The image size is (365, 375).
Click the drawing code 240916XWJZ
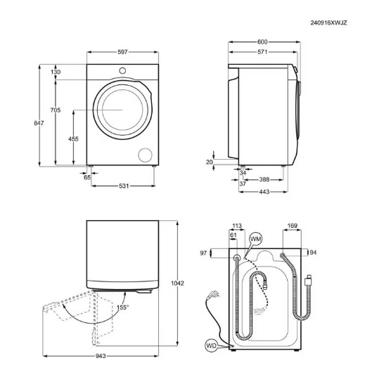pyautogui.click(x=328, y=23)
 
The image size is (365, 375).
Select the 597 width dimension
pyautogui.click(x=122, y=52)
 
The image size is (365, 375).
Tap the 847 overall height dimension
pyautogui.click(x=39, y=123)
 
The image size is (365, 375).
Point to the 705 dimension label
pyautogui.click(x=56, y=110)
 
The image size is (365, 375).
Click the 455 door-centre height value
pyautogui.click(x=73, y=139)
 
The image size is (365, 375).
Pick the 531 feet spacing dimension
pyautogui.click(x=124, y=186)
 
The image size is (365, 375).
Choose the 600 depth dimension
pyautogui.click(x=262, y=42)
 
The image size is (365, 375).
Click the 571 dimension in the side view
pyautogui.click(x=262, y=52)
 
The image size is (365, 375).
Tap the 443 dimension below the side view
pyautogui.click(x=264, y=191)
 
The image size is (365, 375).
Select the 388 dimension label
pyautogui.click(x=264, y=179)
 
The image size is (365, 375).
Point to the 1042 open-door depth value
pyautogui.click(x=178, y=283)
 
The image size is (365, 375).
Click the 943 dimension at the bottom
pyautogui.click(x=101, y=356)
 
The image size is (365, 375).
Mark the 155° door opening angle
pyautogui.click(x=122, y=307)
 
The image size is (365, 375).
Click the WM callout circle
pyautogui.click(x=255, y=239)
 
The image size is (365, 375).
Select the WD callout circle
pyautogui.click(x=211, y=345)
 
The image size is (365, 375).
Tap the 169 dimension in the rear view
pyautogui.click(x=292, y=226)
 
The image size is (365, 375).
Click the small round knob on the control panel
pyautogui.click(x=122, y=70)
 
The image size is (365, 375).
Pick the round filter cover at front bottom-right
pyautogui.click(x=145, y=155)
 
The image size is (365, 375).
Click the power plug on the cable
pyautogui.click(x=214, y=294)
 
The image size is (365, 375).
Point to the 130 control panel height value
pyautogui.click(x=56, y=72)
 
